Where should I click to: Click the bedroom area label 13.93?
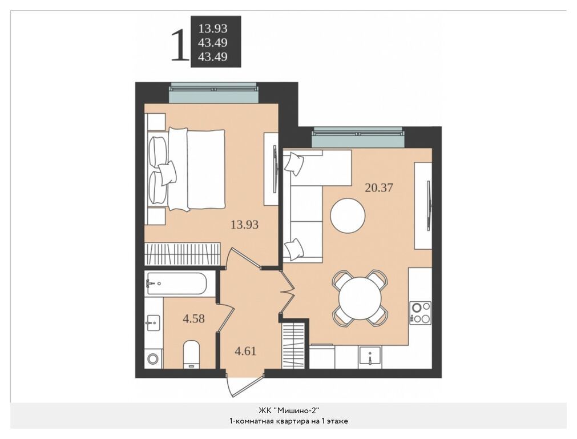click(x=244, y=224)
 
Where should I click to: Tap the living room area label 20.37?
click(x=378, y=187)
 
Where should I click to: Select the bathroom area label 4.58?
click(x=194, y=318)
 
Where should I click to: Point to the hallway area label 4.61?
click(x=245, y=351)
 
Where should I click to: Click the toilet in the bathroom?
click(x=191, y=354)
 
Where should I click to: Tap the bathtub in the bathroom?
click(x=176, y=284)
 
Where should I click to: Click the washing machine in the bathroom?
click(x=153, y=358)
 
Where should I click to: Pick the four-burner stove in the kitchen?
click(x=420, y=313)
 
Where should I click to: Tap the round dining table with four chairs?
click(x=360, y=298)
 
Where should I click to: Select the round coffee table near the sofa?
click(x=348, y=215)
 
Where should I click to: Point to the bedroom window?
click(x=213, y=94)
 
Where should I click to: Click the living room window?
click(x=357, y=138)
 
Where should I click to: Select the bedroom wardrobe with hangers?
click(x=183, y=254)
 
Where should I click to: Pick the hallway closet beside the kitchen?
click(x=294, y=345)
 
